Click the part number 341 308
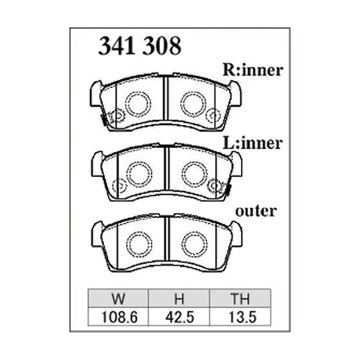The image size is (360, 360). coord(139,46)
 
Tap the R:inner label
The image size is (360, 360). coord(253,70)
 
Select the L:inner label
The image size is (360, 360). coord(253,143)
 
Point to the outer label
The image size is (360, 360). coord(256,211)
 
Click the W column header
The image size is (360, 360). coord(118,298)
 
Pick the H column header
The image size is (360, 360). coord(179,298)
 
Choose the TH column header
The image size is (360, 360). coord(240,298)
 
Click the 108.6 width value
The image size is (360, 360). coord(119,317)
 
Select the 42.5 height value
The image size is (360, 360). coord(180,317)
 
